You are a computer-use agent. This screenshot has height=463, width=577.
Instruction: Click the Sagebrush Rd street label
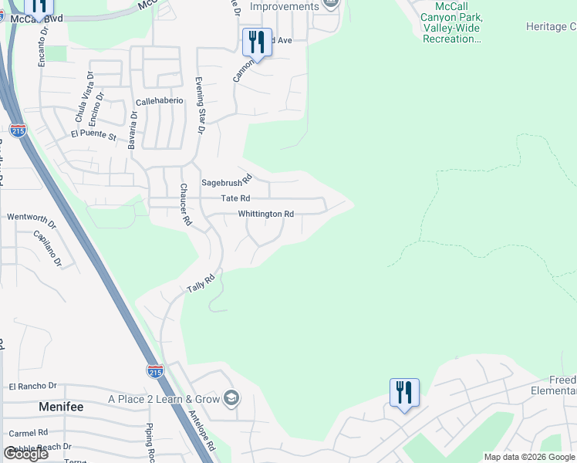(227, 182)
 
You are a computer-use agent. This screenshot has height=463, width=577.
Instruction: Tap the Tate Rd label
(235, 198)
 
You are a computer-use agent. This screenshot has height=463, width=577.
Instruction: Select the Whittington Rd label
(266, 214)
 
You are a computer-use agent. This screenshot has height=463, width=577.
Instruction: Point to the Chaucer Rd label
(185, 204)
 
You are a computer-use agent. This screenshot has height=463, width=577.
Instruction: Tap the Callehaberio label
(160, 101)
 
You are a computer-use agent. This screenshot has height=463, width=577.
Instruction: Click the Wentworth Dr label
(32, 217)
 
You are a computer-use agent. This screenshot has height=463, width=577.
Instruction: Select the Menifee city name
(61, 406)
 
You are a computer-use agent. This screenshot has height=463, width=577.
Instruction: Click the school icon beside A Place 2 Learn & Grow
(231, 398)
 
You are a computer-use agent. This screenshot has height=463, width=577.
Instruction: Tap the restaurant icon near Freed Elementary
(404, 392)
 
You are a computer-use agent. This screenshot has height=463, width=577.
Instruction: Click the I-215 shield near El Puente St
(18, 130)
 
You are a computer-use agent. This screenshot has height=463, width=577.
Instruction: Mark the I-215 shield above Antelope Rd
(155, 371)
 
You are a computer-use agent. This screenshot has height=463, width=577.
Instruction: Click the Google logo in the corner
(25, 454)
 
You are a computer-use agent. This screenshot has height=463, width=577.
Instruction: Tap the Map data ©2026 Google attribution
(529, 457)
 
